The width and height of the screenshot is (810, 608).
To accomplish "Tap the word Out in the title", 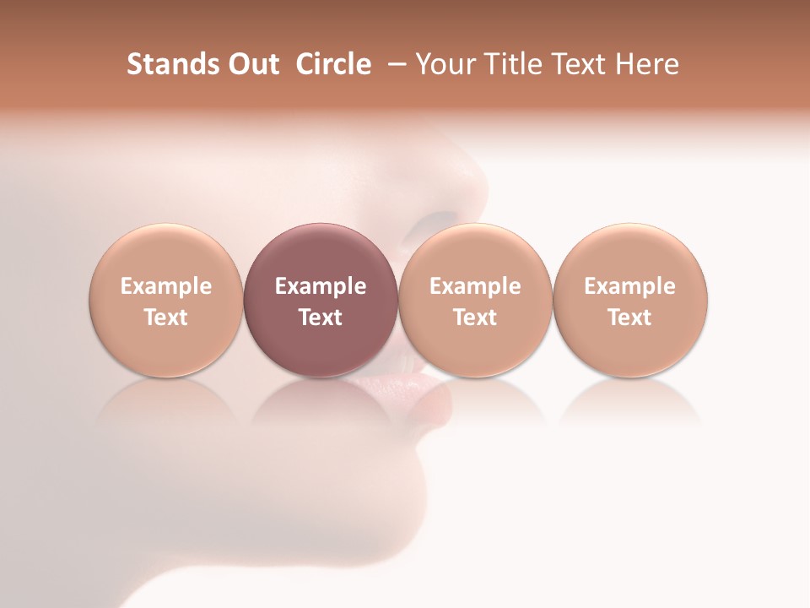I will pyautogui.click(x=249, y=64).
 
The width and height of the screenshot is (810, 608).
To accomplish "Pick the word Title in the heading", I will pyautogui.click(x=512, y=64).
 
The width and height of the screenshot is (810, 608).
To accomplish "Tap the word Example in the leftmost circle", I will pyautogui.click(x=165, y=286).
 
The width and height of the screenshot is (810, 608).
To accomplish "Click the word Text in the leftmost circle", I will pyautogui.click(x=165, y=318).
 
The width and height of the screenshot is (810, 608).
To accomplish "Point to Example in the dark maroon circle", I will pyautogui.click(x=321, y=286).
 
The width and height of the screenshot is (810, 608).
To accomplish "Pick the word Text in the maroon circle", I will pyautogui.click(x=321, y=318).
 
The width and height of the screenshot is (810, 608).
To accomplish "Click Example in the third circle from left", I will pyautogui.click(x=475, y=286).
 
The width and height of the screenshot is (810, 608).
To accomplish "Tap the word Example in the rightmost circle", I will pyautogui.click(x=629, y=286).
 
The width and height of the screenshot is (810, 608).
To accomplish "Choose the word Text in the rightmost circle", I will pyautogui.click(x=629, y=318).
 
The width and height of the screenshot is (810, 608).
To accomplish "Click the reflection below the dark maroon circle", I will pyautogui.click(x=320, y=401).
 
